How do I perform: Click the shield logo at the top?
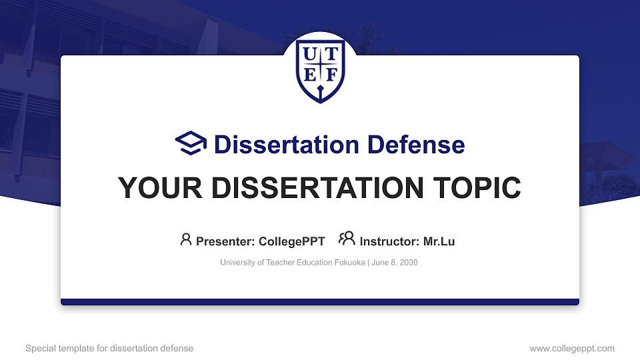pos(320,69)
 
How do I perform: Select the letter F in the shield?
pos(330,74)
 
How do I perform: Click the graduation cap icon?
pos(191,143)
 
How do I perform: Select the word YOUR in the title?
pos(155,188)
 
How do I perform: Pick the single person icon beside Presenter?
pos(186,239)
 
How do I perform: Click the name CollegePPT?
pos(292,241)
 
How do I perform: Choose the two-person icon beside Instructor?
pos(347,238)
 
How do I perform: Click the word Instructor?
pos(389,241)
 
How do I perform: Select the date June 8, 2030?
pos(394,263)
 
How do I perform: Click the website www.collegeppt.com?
pos(572,348)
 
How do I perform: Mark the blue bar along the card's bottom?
pos(320,302)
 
